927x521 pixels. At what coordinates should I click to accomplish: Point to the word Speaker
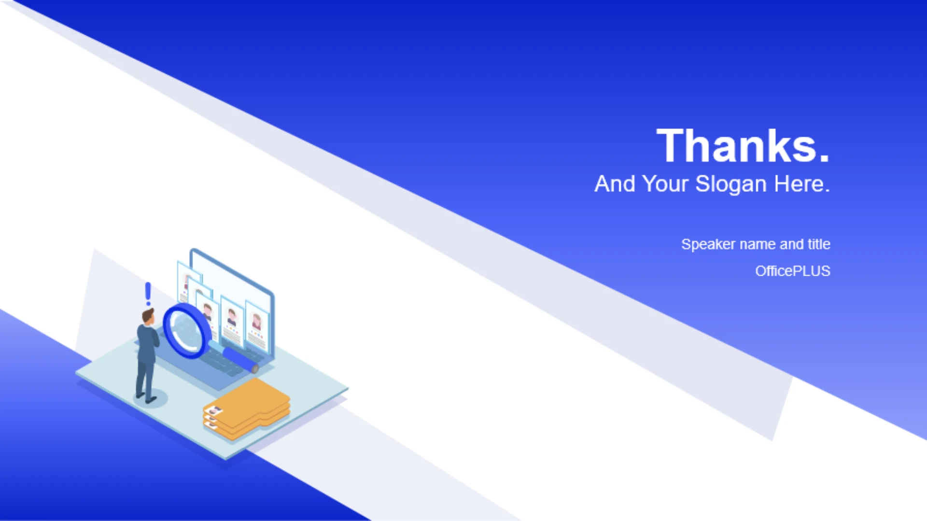click(708, 245)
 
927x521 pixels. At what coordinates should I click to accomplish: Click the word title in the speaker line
click(819, 244)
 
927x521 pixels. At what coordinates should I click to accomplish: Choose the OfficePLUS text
click(793, 271)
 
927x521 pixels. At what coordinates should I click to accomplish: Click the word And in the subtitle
click(615, 184)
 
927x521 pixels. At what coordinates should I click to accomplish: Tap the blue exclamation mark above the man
click(148, 294)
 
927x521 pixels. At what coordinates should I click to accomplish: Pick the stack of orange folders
click(247, 409)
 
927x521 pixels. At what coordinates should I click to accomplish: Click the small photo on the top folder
click(215, 410)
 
